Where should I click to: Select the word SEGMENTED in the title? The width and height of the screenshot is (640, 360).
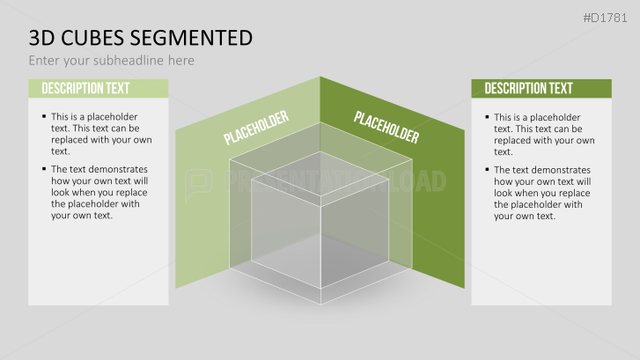[x=196, y=38]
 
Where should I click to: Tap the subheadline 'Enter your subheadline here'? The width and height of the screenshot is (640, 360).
[x=111, y=61]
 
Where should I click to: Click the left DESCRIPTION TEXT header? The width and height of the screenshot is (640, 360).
[x=85, y=88]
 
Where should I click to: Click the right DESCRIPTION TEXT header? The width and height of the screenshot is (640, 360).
[x=528, y=88]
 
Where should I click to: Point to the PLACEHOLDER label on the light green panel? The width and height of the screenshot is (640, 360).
[x=256, y=127]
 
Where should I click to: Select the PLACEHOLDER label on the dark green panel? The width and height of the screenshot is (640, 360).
[x=386, y=127]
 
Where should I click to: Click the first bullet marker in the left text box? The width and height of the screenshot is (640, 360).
[x=44, y=116]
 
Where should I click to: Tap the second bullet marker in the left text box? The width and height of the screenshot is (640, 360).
[x=44, y=169]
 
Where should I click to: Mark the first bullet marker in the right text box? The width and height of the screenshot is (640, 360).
[x=487, y=116]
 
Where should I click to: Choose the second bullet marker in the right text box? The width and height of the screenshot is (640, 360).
[x=487, y=169]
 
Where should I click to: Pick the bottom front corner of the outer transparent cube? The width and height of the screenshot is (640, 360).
[x=320, y=304]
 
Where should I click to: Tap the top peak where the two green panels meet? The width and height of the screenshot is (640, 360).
[x=320, y=77]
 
